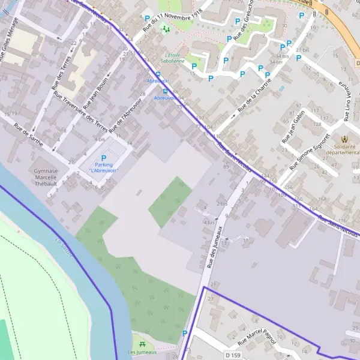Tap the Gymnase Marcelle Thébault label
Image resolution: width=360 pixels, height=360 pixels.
(46, 178)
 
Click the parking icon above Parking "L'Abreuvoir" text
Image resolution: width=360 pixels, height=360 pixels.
(103, 158)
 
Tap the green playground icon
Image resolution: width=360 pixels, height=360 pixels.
(166, 28)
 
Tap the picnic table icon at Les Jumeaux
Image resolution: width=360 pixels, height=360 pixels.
(142, 344)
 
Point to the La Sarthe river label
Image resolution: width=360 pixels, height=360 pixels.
(64, 248)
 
